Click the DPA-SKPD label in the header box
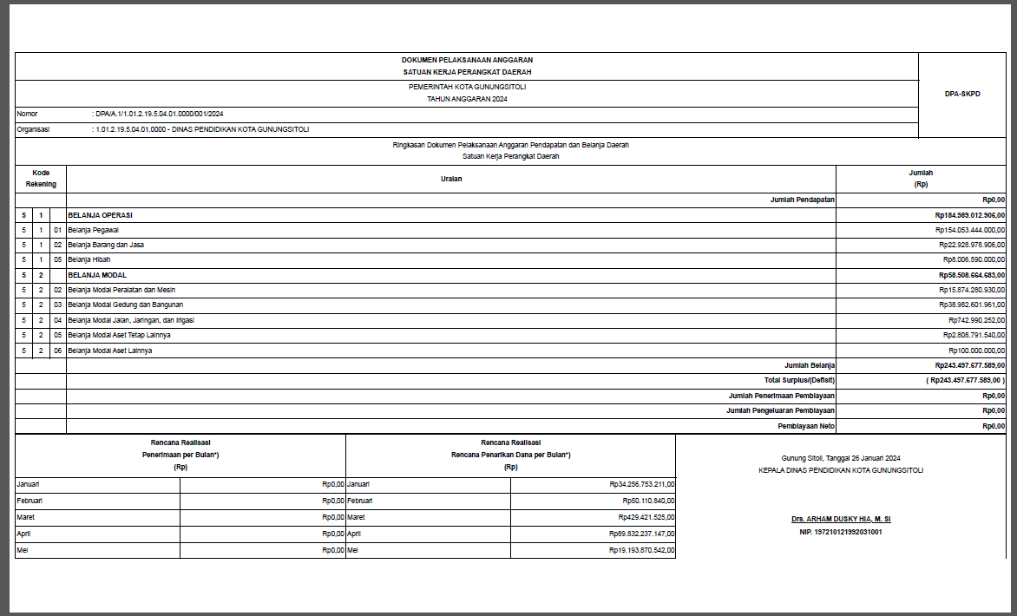(961, 94)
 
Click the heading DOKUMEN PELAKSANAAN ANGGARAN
(467, 60)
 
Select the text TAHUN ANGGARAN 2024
(467, 100)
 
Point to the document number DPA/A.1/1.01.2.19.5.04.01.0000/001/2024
(160, 115)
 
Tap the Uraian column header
(451, 179)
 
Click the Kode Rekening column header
(41, 179)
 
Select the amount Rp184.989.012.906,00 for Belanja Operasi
(969, 214)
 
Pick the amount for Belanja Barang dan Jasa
(971, 245)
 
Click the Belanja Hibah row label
(89, 259)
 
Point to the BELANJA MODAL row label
(97, 275)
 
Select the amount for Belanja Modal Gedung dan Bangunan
(971, 305)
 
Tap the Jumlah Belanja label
(809, 366)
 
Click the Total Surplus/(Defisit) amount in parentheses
(966, 381)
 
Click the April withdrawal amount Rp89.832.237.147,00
(642, 534)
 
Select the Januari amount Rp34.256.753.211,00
(642, 485)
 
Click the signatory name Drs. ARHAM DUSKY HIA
(841, 519)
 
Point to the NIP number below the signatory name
(841, 532)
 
